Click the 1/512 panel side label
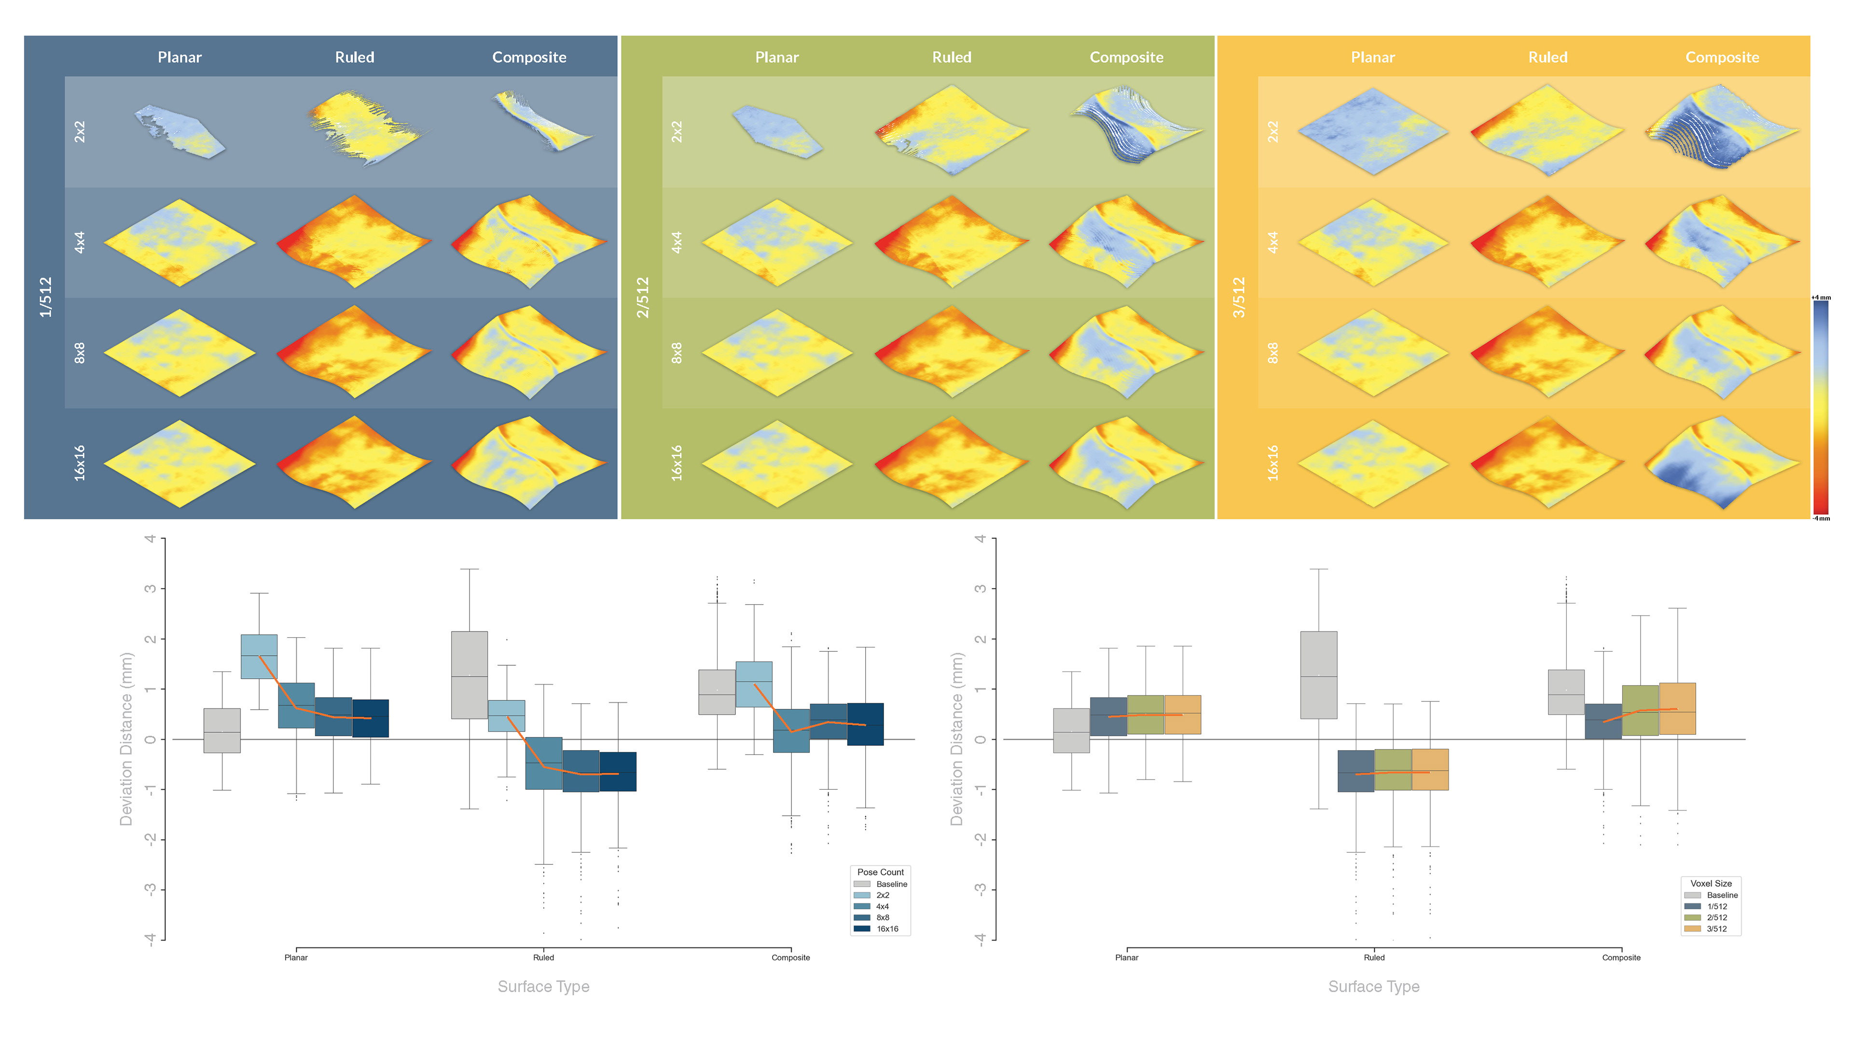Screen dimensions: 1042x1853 click(45, 297)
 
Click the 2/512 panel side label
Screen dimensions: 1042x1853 click(642, 297)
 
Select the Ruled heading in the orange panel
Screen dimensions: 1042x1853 click(1547, 57)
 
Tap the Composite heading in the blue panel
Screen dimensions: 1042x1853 click(529, 57)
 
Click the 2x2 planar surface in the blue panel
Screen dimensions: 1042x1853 click(180, 132)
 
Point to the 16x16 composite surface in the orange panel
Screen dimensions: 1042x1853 click(1722, 464)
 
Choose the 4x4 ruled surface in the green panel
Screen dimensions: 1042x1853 click(951, 242)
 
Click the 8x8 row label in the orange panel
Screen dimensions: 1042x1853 click(1272, 352)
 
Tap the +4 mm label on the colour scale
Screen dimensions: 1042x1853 click(1821, 298)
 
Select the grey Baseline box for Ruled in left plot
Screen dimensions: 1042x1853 click(469, 674)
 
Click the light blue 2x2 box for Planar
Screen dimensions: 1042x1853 click(259, 656)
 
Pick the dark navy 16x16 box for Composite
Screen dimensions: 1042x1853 click(865, 724)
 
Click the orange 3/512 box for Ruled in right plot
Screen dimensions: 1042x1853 click(1430, 769)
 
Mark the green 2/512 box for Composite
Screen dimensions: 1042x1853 click(1640, 710)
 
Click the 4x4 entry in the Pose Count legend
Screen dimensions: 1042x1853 click(882, 906)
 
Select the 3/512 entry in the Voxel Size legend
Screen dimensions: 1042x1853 click(1716, 928)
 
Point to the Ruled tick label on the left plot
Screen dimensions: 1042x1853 click(543, 957)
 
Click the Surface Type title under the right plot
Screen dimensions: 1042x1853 click(1373, 987)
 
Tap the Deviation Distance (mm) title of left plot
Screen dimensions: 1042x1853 click(126, 739)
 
